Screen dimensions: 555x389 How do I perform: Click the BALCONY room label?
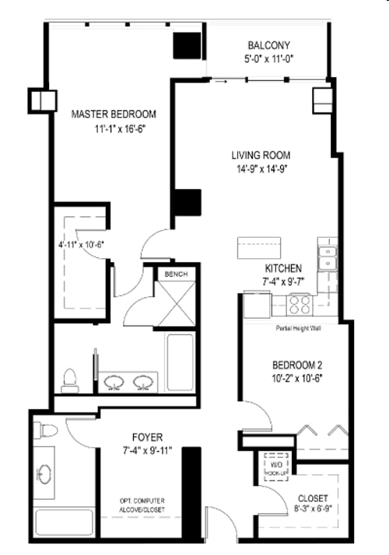270,44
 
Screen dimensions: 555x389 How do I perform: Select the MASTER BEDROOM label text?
114,113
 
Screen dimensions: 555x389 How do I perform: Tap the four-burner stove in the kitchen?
300,304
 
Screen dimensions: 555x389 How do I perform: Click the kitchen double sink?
327,257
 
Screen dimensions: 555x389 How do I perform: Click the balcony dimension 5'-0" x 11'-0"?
270,58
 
